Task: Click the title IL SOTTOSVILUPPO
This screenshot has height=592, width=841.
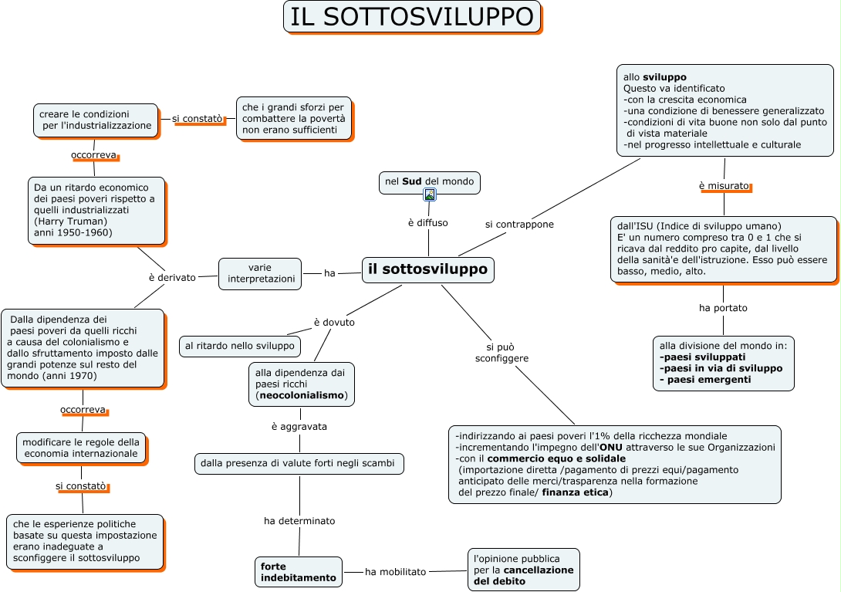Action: click(412, 17)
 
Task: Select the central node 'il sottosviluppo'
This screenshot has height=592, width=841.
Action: click(427, 269)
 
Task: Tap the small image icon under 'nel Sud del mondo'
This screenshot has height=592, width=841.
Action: click(430, 195)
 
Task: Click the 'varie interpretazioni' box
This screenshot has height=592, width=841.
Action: click(260, 273)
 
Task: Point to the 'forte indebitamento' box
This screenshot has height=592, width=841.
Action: click(299, 572)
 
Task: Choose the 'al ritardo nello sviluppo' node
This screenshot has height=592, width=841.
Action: click(240, 347)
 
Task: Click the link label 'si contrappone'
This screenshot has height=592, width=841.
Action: click(519, 224)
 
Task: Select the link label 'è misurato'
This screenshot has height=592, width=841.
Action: click(724, 186)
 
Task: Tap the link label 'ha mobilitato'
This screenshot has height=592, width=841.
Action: click(395, 572)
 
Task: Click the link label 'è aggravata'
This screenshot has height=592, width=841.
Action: click(299, 426)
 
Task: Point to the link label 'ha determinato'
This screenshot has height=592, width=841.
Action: click(299, 521)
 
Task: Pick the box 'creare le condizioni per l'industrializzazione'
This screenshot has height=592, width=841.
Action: click(96, 120)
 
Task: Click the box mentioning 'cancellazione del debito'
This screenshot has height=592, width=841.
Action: click(524, 570)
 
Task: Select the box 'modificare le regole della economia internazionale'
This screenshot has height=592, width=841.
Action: click(81, 448)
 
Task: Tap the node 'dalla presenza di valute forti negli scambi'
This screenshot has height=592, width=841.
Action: click(298, 464)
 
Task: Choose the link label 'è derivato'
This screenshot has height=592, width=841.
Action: click(172, 277)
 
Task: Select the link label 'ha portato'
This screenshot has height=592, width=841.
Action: click(723, 308)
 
